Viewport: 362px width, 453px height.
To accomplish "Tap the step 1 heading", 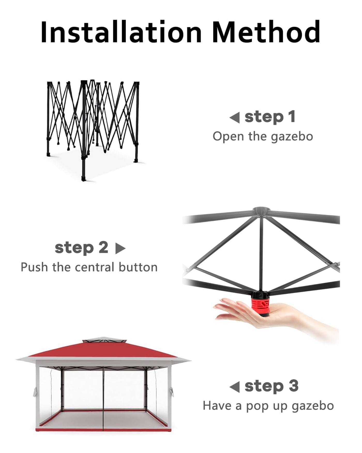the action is coord(270,117).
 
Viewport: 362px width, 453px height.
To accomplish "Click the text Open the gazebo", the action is coord(263,136).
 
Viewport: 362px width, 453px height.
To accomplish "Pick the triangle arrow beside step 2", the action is coord(120,249).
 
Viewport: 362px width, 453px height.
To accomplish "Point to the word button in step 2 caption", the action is coord(138,267).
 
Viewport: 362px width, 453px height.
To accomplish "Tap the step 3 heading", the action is coord(271,386).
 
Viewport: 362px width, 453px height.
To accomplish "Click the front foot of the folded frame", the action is coord(84,179).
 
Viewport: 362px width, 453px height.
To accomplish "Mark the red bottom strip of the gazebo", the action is coord(103,429).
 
